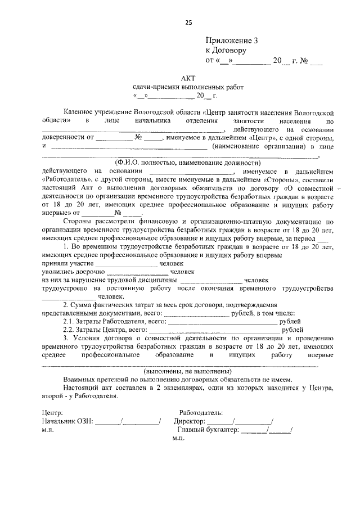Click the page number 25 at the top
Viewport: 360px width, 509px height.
[x=188, y=22]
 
